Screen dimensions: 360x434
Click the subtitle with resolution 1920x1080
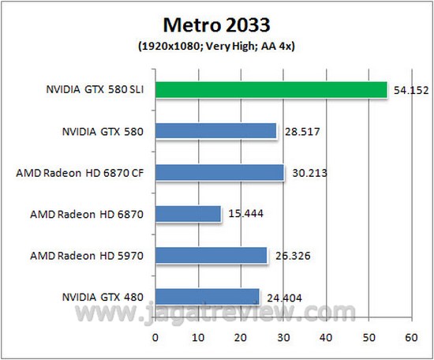point(216,45)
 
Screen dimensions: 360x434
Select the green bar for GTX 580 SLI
point(271,89)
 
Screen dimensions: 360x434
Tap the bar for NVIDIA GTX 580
point(215,131)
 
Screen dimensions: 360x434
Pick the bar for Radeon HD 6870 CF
point(219,172)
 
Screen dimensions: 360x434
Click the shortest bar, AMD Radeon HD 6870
point(188,214)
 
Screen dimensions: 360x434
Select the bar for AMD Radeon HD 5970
point(211,255)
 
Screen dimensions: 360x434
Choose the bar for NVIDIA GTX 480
point(207,296)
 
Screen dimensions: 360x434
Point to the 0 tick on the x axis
point(155,337)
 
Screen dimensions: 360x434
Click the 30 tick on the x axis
point(282,337)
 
